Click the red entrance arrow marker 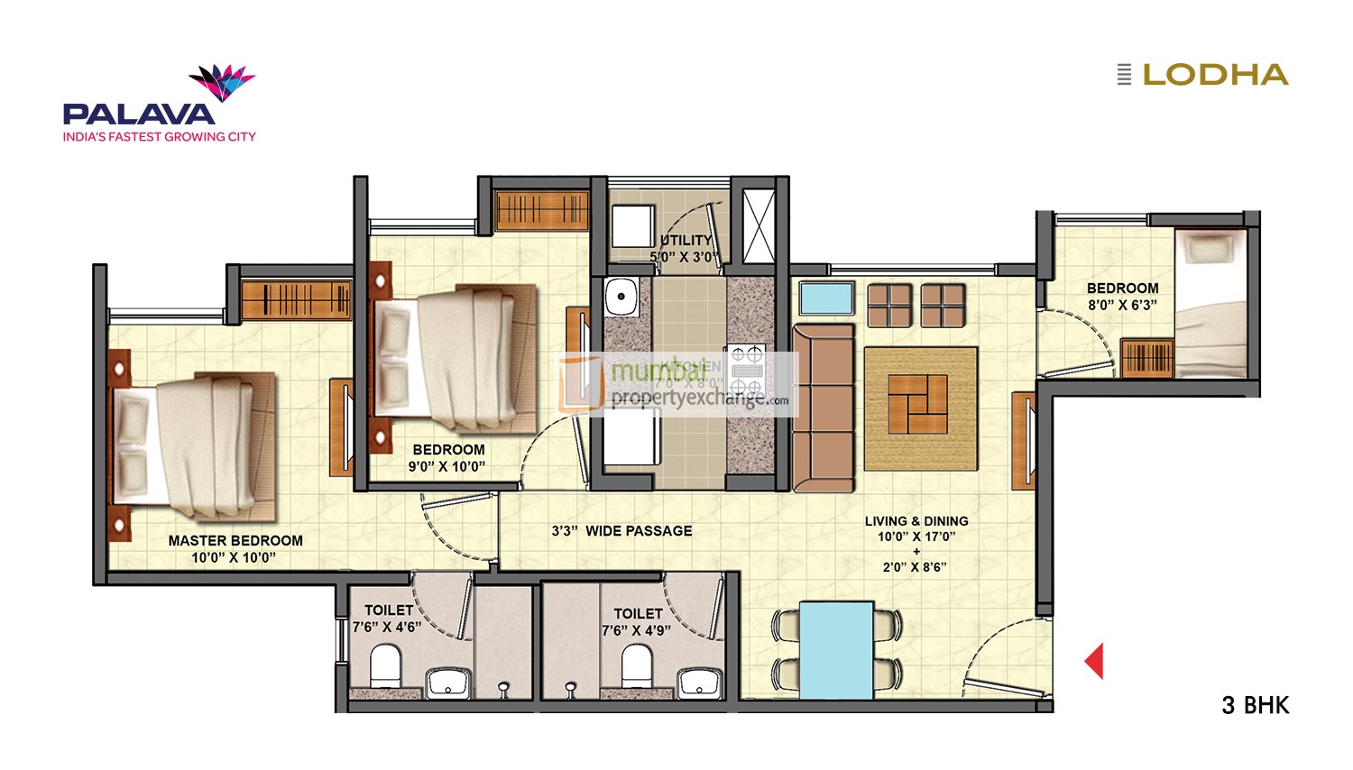point(1094,661)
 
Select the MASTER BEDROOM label point(235,541)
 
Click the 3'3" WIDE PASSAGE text point(622,531)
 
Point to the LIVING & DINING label point(916,521)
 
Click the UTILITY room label point(686,240)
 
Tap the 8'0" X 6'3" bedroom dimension point(1122,305)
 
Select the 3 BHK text point(1255,705)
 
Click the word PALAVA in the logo point(139,115)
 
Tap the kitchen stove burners point(746,368)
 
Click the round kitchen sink point(621,297)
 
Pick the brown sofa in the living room point(824,408)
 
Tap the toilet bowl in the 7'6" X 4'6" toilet point(386,665)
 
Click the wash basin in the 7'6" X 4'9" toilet point(700,683)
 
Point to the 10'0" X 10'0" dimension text point(234,557)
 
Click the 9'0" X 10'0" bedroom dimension point(448,466)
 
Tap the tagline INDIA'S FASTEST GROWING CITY point(160,137)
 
